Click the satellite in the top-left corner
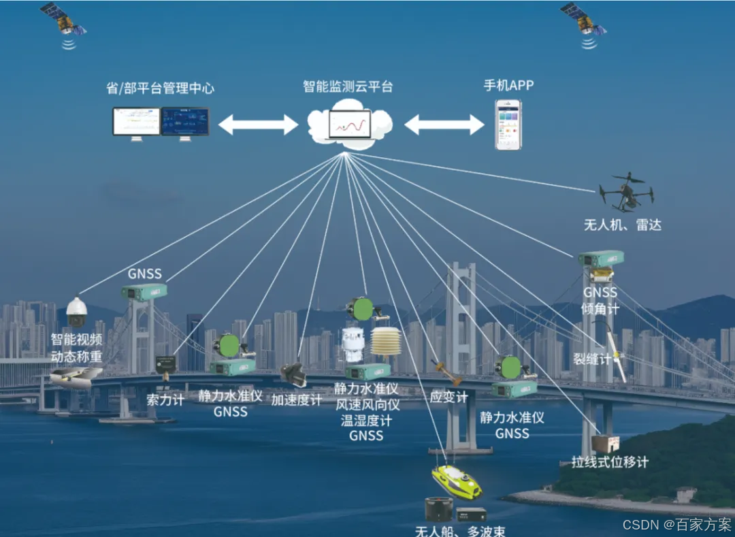[63, 20]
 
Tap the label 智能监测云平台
[348, 86]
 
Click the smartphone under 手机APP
[507, 125]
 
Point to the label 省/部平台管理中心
[160, 88]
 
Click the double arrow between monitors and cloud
[258, 125]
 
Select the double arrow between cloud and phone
[444, 125]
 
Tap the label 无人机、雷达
[623, 225]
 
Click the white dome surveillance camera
[76, 312]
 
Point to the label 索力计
[165, 400]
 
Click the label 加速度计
[297, 400]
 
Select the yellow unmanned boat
[457, 481]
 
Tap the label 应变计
[448, 397]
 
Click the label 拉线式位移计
[610, 462]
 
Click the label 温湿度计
[367, 420]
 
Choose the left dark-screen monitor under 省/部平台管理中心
[185, 122]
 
